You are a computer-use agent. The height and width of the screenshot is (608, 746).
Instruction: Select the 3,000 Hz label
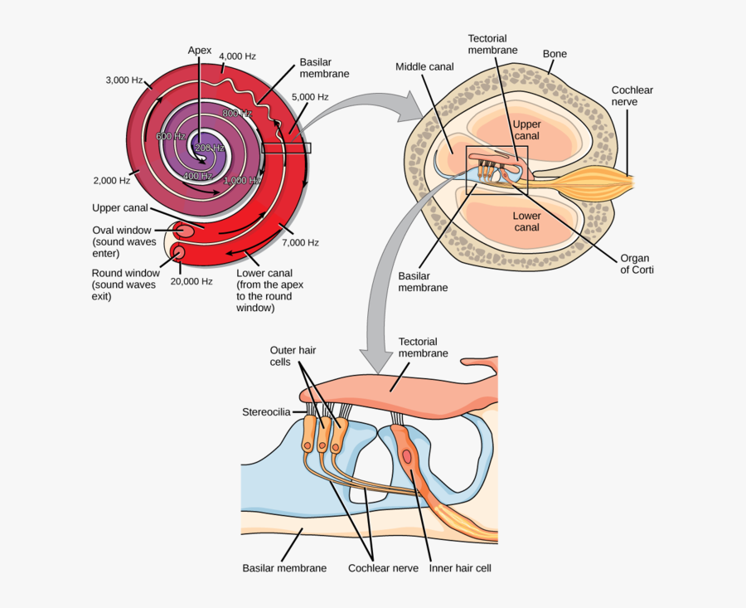(x=124, y=80)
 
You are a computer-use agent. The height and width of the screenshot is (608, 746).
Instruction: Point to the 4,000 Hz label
(x=237, y=56)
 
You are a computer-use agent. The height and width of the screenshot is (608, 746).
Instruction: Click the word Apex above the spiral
(x=200, y=51)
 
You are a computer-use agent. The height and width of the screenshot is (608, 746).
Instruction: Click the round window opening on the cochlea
(x=177, y=251)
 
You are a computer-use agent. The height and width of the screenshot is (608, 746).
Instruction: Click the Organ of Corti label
(x=636, y=263)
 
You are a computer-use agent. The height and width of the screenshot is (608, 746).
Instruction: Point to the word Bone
(x=555, y=54)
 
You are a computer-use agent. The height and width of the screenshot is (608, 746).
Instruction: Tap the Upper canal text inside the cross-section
(x=526, y=129)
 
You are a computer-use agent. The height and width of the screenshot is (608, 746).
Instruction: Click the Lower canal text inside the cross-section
(x=526, y=221)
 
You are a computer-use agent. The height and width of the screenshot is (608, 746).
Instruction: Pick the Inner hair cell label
(x=460, y=569)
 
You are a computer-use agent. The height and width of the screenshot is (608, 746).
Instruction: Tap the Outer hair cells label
(x=292, y=357)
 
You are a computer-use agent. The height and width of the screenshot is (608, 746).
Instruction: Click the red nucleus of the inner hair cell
(x=408, y=456)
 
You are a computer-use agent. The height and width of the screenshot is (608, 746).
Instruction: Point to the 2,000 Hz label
(x=112, y=180)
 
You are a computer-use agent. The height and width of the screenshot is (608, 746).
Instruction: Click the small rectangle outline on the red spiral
(x=286, y=148)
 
